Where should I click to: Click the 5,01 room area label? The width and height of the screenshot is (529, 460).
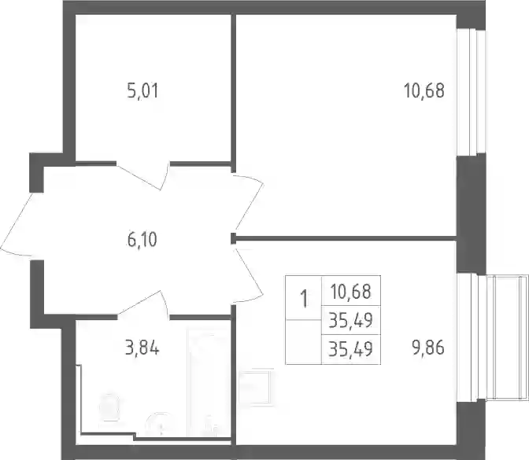(x=142, y=91)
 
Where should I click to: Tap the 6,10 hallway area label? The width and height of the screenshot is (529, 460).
(x=142, y=240)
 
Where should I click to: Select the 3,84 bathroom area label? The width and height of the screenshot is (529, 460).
(x=142, y=348)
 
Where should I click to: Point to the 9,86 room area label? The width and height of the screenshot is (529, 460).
(x=427, y=348)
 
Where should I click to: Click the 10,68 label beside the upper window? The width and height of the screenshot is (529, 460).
(x=424, y=91)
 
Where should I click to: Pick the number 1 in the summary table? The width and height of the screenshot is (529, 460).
(x=304, y=300)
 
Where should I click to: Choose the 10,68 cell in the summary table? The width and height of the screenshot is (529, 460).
(x=351, y=292)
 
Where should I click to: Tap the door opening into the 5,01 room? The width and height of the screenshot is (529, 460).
(x=143, y=175)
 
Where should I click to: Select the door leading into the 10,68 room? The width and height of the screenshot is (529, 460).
(x=249, y=202)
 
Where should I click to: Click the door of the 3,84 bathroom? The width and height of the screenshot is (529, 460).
(x=143, y=304)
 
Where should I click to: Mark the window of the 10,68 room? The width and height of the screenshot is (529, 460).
(x=472, y=92)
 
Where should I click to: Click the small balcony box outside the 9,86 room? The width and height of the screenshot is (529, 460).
(x=508, y=337)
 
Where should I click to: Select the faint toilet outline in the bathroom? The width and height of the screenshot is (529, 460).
(x=109, y=407)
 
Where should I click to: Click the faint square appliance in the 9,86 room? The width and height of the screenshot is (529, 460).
(x=256, y=388)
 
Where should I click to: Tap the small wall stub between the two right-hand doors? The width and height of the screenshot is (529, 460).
(x=233, y=238)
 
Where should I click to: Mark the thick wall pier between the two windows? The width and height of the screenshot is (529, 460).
(x=472, y=215)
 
